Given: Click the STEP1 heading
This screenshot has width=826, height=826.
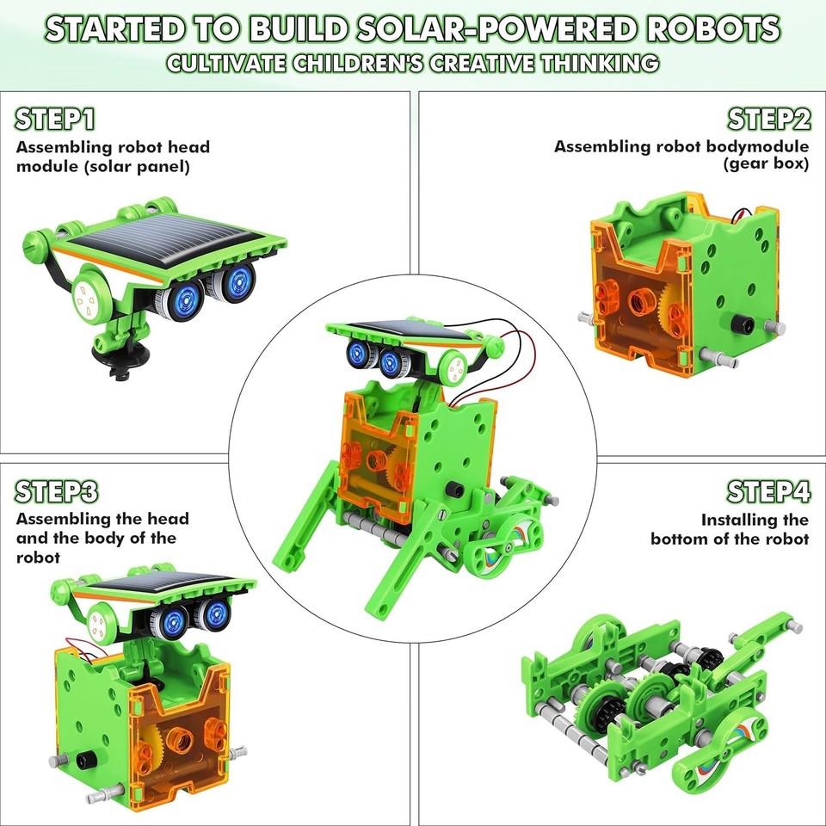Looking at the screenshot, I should (x=55, y=119).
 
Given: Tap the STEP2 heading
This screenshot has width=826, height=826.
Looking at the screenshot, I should (x=768, y=119).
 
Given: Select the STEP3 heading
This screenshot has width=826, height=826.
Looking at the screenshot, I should (x=57, y=491).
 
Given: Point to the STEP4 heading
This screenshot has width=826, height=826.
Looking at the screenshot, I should (x=768, y=491).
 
